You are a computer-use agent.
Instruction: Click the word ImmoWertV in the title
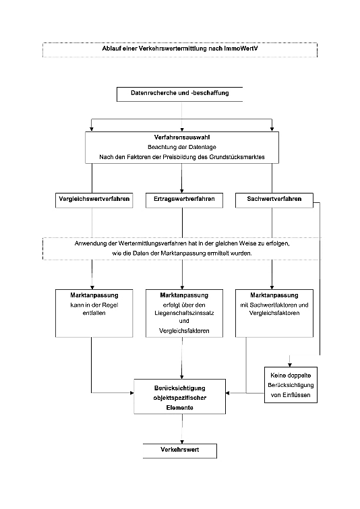click(x=241, y=49)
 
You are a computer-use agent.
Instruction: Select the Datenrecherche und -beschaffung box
click(x=179, y=94)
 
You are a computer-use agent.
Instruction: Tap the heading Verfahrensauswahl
click(x=182, y=138)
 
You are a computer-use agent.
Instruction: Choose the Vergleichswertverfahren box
click(x=94, y=200)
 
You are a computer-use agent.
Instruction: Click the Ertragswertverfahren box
click(x=184, y=200)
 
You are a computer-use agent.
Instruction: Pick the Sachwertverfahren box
click(x=274, y=200)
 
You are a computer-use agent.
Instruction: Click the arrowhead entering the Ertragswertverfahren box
click(x=182, y=191)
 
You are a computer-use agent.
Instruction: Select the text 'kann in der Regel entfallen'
click(x=94, y=309)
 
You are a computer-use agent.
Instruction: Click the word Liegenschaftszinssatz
click(x=184, y=313)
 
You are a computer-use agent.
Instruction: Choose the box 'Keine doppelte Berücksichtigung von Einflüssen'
click(x=291, y=385)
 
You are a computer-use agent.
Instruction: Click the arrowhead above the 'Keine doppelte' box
click(x=290, y=365)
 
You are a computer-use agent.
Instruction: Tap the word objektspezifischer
click(x=180, y=398)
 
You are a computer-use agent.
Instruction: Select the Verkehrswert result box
click(x=180, y=451)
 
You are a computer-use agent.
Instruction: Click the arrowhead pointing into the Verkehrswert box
click(x=182, y=442)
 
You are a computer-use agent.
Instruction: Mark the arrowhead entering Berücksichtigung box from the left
click(x=131, y=393)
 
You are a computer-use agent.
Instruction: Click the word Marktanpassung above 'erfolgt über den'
click(x=184, y=295)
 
